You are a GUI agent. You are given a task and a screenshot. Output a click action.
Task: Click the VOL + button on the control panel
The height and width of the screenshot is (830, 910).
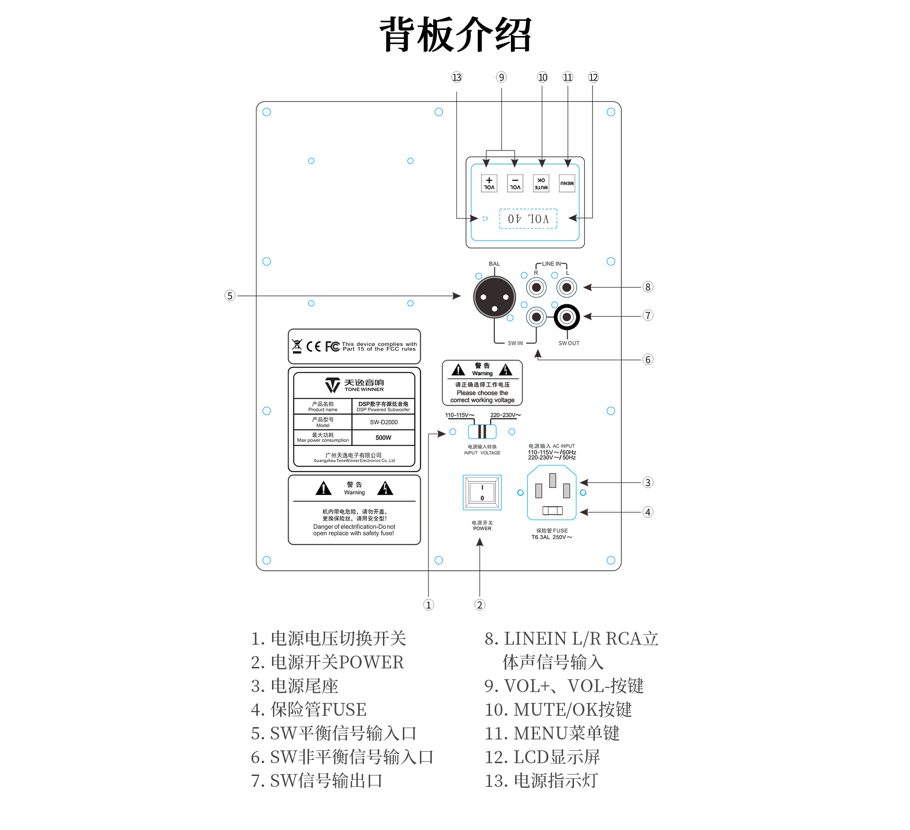(489, 183)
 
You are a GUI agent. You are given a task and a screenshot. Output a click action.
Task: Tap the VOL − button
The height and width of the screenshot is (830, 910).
(515, 183)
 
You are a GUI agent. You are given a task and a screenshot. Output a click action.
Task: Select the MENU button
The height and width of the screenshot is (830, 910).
(567, 183)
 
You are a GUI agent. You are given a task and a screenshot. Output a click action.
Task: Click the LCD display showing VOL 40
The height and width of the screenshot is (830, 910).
(528, 219)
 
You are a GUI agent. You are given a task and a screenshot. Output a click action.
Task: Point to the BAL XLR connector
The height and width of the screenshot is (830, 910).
(494, 297)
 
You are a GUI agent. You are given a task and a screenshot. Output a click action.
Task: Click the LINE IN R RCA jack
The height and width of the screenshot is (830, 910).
(537, 287)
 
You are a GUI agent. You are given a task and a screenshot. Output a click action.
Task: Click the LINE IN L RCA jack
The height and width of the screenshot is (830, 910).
(566, 287)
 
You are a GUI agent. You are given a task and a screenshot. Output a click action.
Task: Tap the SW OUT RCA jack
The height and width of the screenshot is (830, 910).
(566, 317)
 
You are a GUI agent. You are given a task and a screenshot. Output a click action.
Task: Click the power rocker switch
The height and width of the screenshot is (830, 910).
(482, 493)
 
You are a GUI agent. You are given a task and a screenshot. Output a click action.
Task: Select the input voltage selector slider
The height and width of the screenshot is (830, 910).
(482, 431)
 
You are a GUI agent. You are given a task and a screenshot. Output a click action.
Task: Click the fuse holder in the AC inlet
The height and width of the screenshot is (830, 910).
(552, 511)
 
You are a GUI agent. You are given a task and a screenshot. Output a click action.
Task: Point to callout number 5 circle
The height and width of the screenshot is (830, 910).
(230, 296)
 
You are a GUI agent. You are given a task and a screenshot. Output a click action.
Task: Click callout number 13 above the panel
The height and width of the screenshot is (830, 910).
(456, 77)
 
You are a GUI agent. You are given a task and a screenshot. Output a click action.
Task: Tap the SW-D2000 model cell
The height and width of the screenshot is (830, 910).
(383, 422)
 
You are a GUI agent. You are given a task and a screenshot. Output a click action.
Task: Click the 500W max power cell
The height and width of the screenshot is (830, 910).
(383, 438)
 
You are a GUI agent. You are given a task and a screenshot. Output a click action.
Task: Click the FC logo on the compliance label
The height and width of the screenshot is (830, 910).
(332, 347)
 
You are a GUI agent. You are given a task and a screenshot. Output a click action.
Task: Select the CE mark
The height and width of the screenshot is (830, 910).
(313, 347)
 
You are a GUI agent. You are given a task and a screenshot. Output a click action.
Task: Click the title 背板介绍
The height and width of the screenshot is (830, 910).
(455, 34)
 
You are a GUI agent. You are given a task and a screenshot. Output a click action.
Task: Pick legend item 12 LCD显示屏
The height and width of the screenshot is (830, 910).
(542, 757)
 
